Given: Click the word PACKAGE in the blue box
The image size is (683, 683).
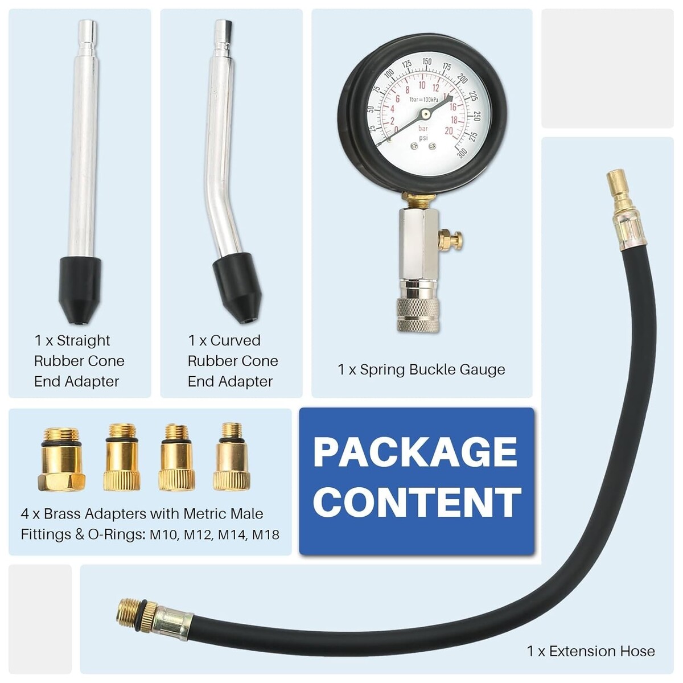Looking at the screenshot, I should [415, 452].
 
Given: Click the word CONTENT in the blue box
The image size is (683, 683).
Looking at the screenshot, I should [417, 501].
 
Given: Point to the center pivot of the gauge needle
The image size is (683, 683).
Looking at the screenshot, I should [425, 114].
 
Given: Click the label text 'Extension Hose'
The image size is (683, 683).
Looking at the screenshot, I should [602, 651].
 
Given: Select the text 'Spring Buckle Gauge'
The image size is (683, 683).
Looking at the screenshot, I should [432, 369].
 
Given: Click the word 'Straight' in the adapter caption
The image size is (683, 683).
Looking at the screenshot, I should [83, 340].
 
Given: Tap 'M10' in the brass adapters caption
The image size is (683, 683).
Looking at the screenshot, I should [164, 535].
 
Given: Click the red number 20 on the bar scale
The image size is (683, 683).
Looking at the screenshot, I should [449, 131].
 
